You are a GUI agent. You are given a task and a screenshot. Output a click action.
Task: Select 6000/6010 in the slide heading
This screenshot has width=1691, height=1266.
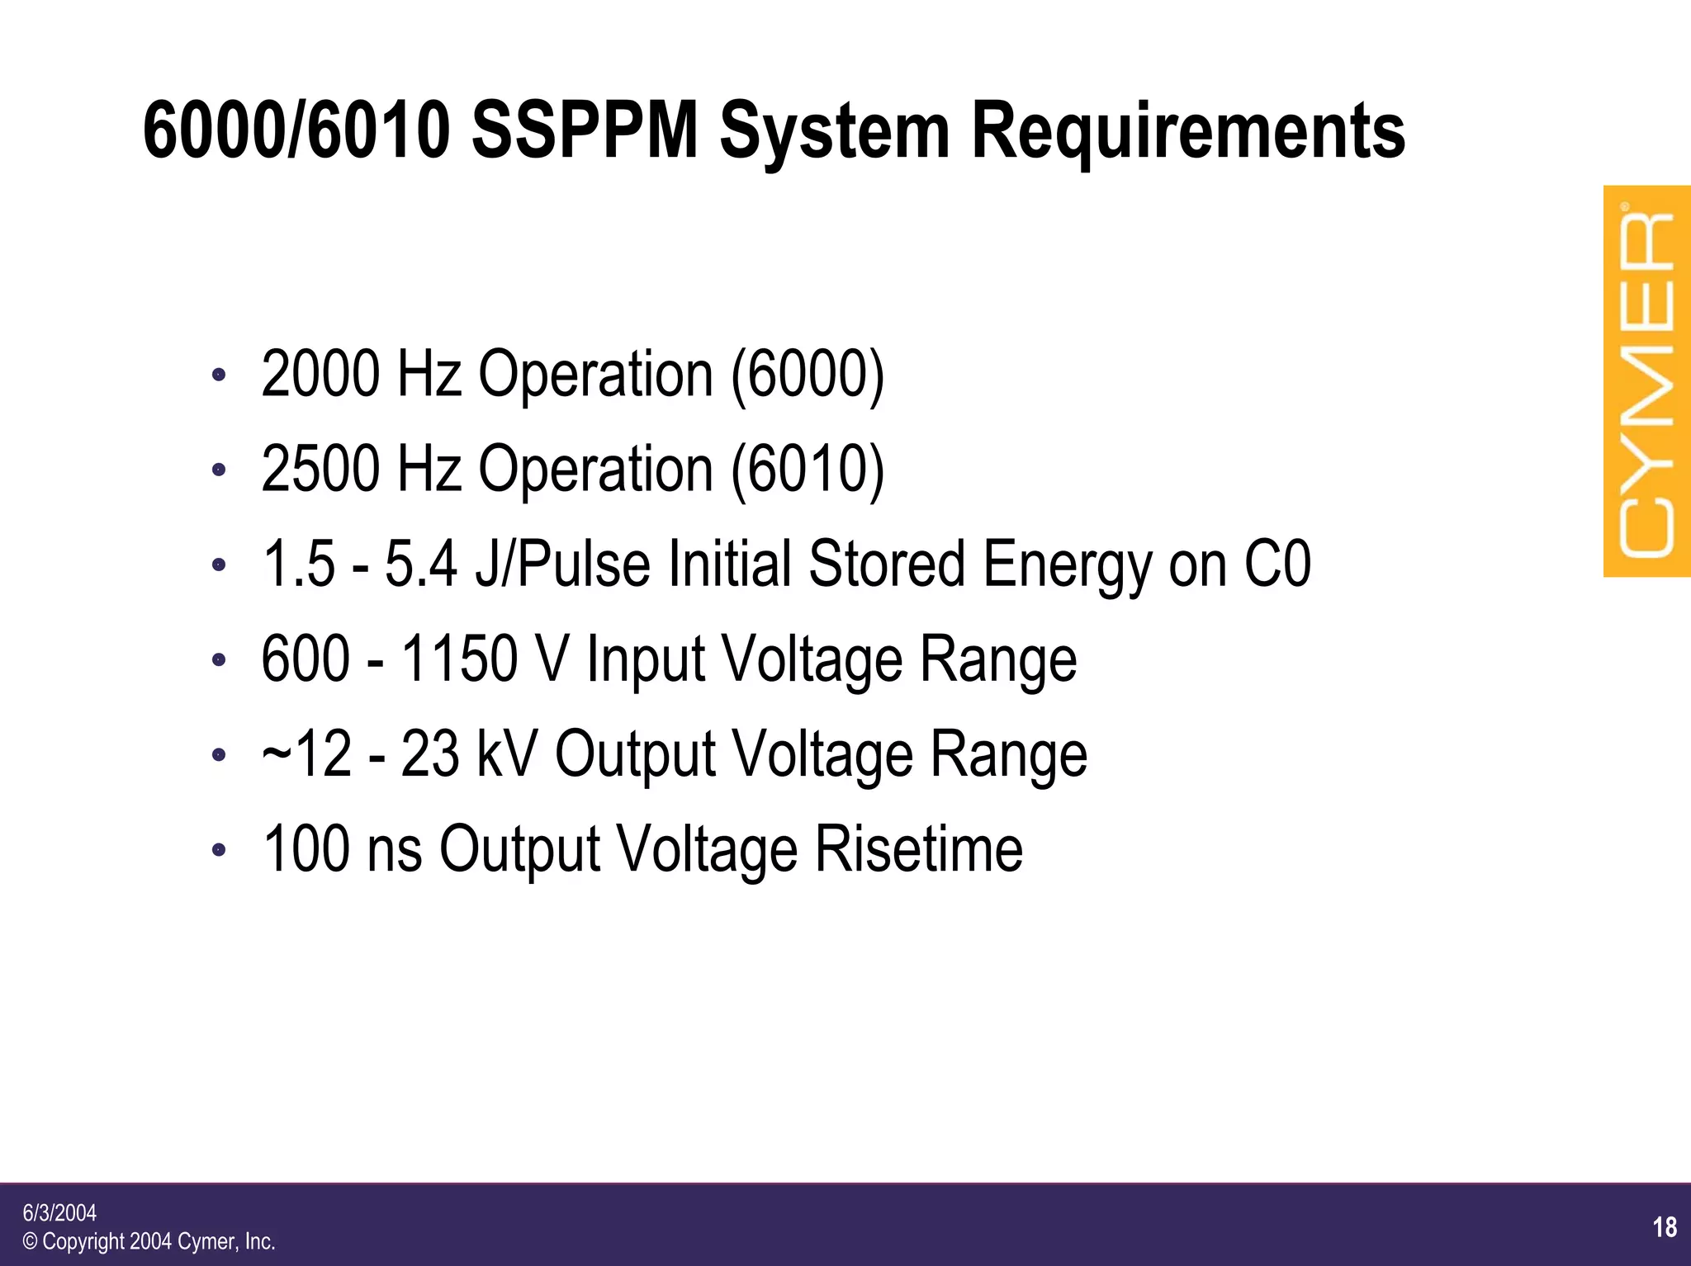point(297,131)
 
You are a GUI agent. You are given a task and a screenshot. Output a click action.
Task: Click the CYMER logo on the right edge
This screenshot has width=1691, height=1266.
point(1646,381)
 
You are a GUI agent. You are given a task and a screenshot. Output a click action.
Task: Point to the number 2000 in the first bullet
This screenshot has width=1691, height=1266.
point(320,374)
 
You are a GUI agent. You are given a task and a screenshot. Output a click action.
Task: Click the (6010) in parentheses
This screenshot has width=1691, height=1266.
point(808,469)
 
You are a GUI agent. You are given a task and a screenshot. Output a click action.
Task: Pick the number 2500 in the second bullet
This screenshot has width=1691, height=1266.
point(320,469)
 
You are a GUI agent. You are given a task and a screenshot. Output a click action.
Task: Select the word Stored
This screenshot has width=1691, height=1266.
point(886,564)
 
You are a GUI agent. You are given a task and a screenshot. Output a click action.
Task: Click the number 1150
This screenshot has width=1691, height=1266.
point(459,659)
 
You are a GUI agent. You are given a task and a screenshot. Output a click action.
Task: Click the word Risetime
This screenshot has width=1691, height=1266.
point(919,848)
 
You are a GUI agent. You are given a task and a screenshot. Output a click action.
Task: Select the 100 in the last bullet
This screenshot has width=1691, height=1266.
point(305,848)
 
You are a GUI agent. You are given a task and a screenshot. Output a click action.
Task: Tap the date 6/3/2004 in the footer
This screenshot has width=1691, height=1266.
point(59,1212)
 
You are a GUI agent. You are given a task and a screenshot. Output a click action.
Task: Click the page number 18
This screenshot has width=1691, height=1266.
point(1665,1227)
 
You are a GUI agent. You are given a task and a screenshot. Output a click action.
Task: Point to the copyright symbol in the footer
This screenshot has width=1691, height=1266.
point(31,1241)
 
